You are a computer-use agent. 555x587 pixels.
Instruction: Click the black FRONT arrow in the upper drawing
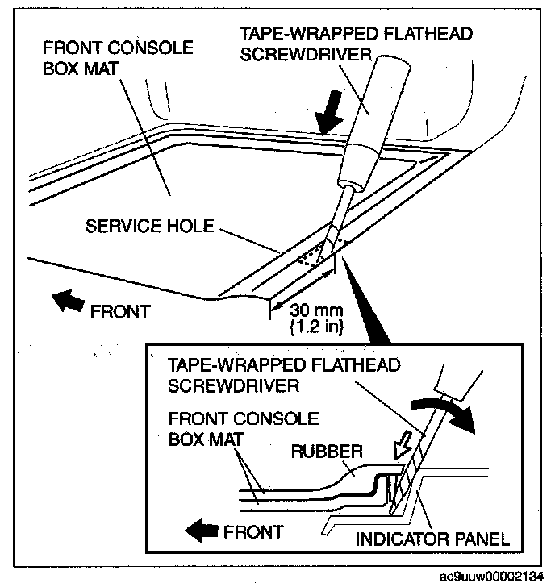(x=66, y=303)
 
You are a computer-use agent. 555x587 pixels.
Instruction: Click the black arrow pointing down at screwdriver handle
(x=330, y=120)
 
